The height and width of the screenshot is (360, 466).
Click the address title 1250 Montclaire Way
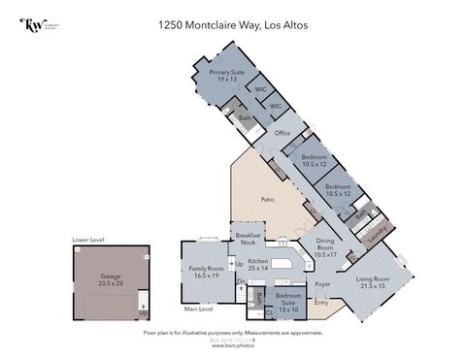pos(233,26)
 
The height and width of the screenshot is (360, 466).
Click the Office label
pos(283,133)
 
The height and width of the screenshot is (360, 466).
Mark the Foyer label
pos(322,284)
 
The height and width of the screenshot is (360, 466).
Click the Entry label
pos(322,303)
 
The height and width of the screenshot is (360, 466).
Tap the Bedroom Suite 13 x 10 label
pos(288,300)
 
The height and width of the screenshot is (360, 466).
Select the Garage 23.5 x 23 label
pos(111,279)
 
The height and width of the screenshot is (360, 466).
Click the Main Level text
pos(199,310)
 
